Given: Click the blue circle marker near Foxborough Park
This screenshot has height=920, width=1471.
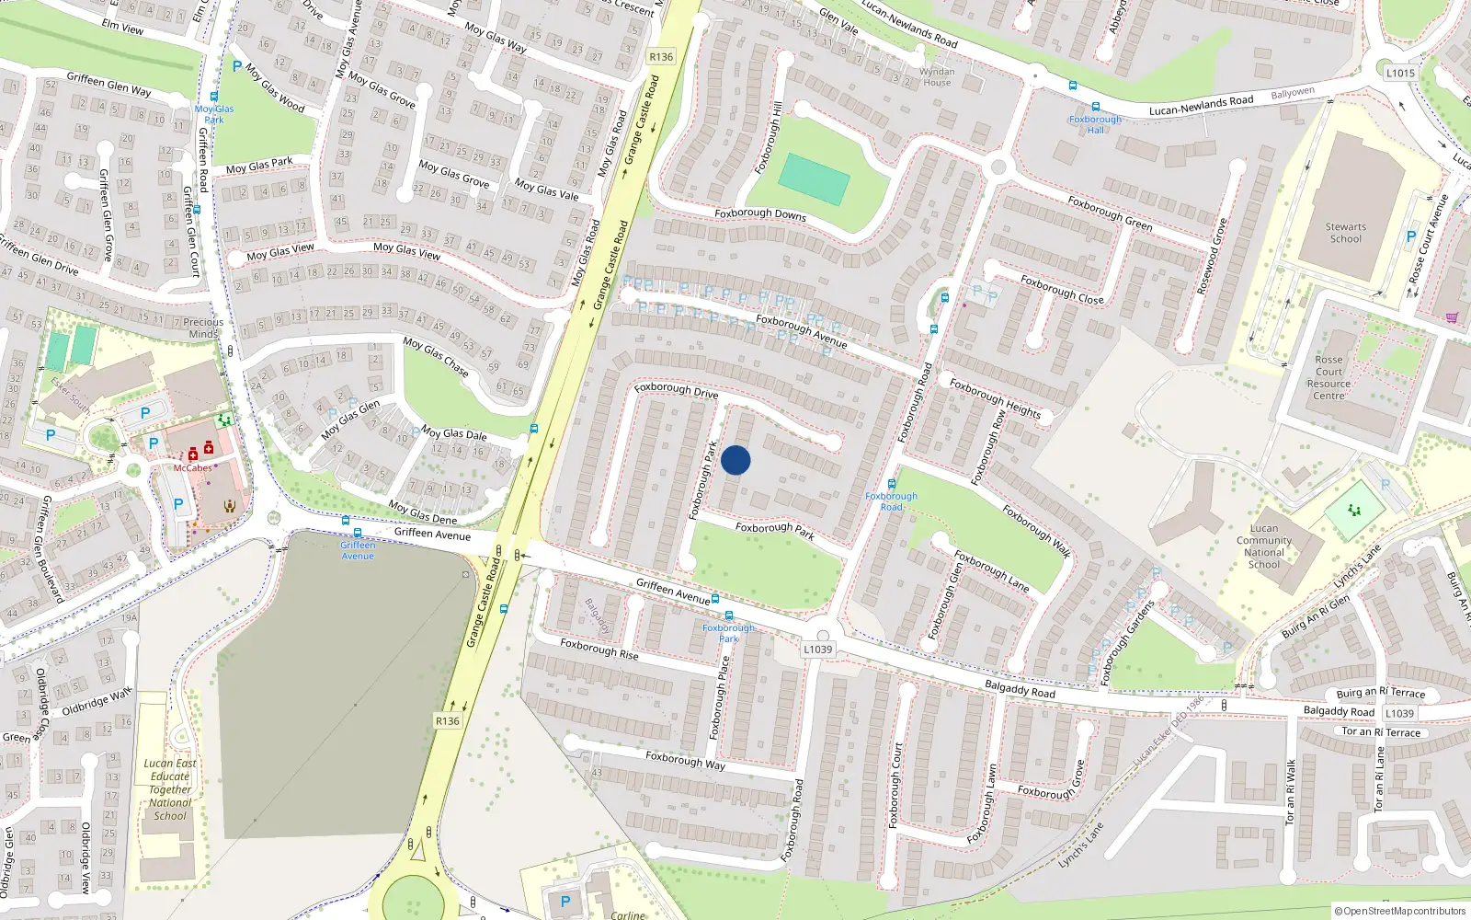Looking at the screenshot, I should [x=735, y=460].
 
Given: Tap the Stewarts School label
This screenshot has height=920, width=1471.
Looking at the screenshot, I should [x=1345, y=233].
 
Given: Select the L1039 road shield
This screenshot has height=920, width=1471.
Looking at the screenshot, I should [x=817, y=649].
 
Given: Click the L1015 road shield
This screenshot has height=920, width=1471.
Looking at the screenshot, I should [x=1400, y=73].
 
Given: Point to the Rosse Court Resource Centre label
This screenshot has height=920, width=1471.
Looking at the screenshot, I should [x=1328, y=378].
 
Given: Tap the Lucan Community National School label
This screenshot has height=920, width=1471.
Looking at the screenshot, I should [x=1263, y=546].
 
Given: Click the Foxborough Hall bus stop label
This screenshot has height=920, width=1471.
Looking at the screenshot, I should [x=1095, y=124].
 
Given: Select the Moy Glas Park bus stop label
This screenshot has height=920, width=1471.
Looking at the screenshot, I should [x=214, y=114].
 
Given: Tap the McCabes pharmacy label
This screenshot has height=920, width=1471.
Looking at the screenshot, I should [x=193, y=468].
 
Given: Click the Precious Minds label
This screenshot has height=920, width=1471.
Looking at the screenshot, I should [x=203, y=328].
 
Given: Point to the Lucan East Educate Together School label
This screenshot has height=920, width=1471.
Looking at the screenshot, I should [x=170, y=789].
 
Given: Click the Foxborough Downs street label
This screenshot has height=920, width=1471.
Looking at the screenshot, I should [x=760, y=214].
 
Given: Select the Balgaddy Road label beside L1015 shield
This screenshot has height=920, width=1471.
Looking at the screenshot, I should [x=1339, y=711].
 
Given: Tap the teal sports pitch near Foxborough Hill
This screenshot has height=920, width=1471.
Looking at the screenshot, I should [x=814, y=179].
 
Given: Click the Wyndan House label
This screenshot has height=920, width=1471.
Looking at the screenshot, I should [x=937, y=76].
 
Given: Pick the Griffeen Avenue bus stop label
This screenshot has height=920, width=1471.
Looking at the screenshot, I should [x=358, y=550].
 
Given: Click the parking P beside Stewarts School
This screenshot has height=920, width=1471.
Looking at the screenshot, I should [x=1411, y=236].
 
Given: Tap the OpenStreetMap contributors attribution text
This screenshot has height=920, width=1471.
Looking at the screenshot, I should [x=1399, y=911].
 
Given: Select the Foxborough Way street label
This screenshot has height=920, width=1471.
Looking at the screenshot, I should [x=685, y=760].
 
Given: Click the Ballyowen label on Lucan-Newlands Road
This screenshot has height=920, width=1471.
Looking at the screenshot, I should [x=1293, y=93].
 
